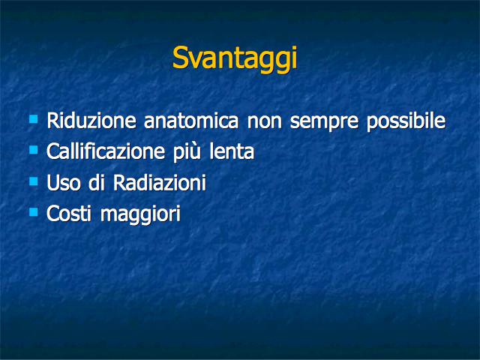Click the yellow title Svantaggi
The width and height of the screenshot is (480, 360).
235,58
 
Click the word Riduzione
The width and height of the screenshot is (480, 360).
91,121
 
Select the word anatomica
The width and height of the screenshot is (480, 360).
191,121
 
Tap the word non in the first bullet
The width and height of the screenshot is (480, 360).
264,122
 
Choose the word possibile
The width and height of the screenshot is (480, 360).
406,121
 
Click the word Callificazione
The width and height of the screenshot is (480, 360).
106,151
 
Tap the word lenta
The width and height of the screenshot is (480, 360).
232,151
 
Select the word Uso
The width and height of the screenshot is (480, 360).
63,183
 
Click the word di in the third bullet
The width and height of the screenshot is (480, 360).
97,183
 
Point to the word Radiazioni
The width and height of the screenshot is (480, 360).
160,183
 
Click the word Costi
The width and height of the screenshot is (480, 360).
69,213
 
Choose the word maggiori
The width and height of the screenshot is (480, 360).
140,215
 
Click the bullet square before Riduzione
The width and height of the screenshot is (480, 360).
33,118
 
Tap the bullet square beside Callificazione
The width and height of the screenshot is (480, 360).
33,150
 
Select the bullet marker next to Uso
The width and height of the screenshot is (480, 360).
33,181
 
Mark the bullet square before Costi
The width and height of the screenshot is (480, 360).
33,212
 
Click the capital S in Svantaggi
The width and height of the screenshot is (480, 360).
180,58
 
